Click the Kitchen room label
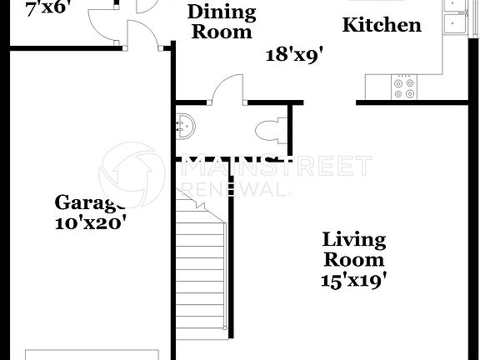[382, 25]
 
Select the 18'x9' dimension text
[294, 56]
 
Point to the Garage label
[90, 202]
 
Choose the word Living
[354, 241]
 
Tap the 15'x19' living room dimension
[354, 281]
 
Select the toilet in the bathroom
[272, 131]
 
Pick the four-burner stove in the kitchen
[405, 87]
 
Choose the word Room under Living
[354, 261]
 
